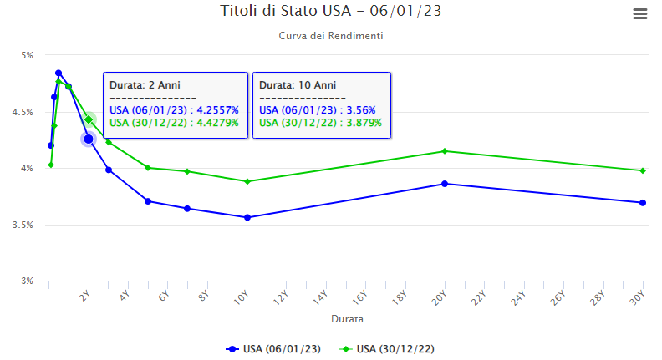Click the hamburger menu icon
coord(640,14)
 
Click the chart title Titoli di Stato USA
coord(330,11)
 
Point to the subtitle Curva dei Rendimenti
coord(331,37)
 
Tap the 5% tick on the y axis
coord(27,55)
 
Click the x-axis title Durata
coord(347,319)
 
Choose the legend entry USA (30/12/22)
coord(395,348)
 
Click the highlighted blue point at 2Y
coord(89,139)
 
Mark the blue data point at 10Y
coord(247,217)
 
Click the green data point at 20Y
coord(445,151)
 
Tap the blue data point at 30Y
coord(642,202)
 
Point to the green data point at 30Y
coord(642,170)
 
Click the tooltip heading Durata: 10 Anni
coord(298,85)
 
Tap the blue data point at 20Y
coord(445,184)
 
